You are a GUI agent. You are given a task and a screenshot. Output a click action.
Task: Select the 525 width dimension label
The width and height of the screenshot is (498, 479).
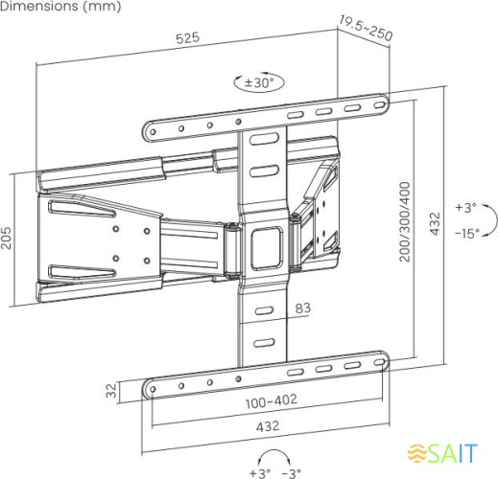pyautogui.click(x=187, y=37)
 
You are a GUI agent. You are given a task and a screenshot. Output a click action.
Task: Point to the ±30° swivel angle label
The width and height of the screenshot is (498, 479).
pyautogui.click(x=259, y=83)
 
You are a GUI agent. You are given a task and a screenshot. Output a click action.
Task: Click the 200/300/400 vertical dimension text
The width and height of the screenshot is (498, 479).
pyautogui.click(x=405, y=221)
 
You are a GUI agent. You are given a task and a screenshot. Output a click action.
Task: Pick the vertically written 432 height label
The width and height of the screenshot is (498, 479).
pyautogui.click(x=435, y=221)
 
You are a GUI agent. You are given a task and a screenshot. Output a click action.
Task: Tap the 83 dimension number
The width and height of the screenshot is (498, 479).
pyautogui.click(x=302, y=308)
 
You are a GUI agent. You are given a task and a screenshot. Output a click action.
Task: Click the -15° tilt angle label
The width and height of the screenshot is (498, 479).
pyautogui.click(x=466, y=234)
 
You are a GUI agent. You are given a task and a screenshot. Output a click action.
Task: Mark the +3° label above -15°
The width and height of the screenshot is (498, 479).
pyautogui.click(x=465, y=208)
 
